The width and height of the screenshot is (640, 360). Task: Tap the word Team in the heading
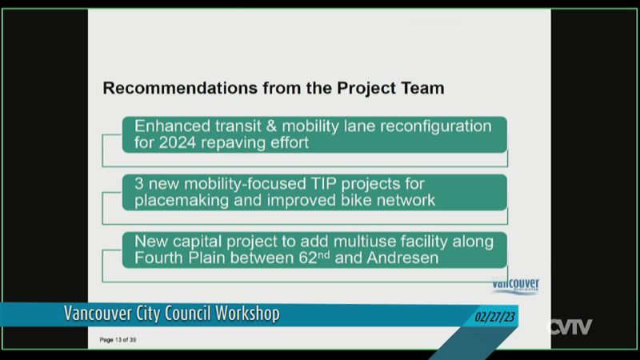[x=423, y=88]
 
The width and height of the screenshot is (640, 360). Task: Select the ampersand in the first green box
[x=271, y=126]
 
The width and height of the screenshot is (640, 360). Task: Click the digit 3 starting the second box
[x=138, y=184]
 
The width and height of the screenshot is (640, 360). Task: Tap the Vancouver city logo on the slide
[x=515, y=285]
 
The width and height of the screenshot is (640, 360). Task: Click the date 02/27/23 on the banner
[x=494, y=317]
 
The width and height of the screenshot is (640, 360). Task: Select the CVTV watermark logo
[x=569, y=327]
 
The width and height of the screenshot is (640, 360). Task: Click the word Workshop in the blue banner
[x=247, y=314]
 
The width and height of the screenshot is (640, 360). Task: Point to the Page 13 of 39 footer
[x=118, y=339]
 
